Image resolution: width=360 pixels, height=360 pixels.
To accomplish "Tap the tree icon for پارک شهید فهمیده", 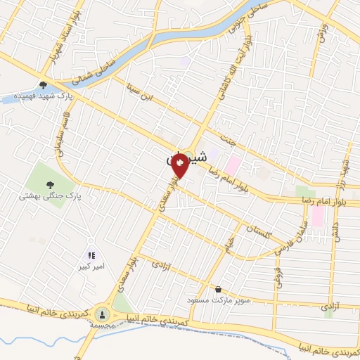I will click(x=44, y=84).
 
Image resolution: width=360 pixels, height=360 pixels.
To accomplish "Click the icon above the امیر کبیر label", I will click(x=91, y=255).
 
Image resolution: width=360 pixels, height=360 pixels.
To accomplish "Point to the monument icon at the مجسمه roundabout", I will click(x=103, y=314).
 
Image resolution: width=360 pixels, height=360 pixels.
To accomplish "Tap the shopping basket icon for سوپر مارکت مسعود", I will click(x=218, y=289).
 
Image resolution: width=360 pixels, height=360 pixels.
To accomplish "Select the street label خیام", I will click(x=228, y=246).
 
